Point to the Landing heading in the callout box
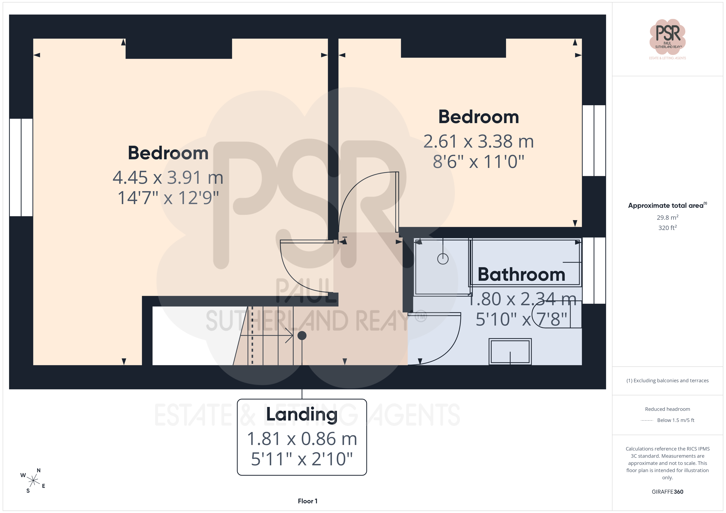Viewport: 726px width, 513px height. [x=302, y=414]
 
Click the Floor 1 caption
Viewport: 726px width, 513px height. [x=308, y=501]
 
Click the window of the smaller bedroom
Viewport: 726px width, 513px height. [x=594, y=141]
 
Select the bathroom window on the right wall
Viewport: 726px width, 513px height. [x=594, y=270]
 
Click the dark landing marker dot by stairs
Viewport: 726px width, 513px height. [x=302, y=335]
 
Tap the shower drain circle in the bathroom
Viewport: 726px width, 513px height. [x=443, y=259]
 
